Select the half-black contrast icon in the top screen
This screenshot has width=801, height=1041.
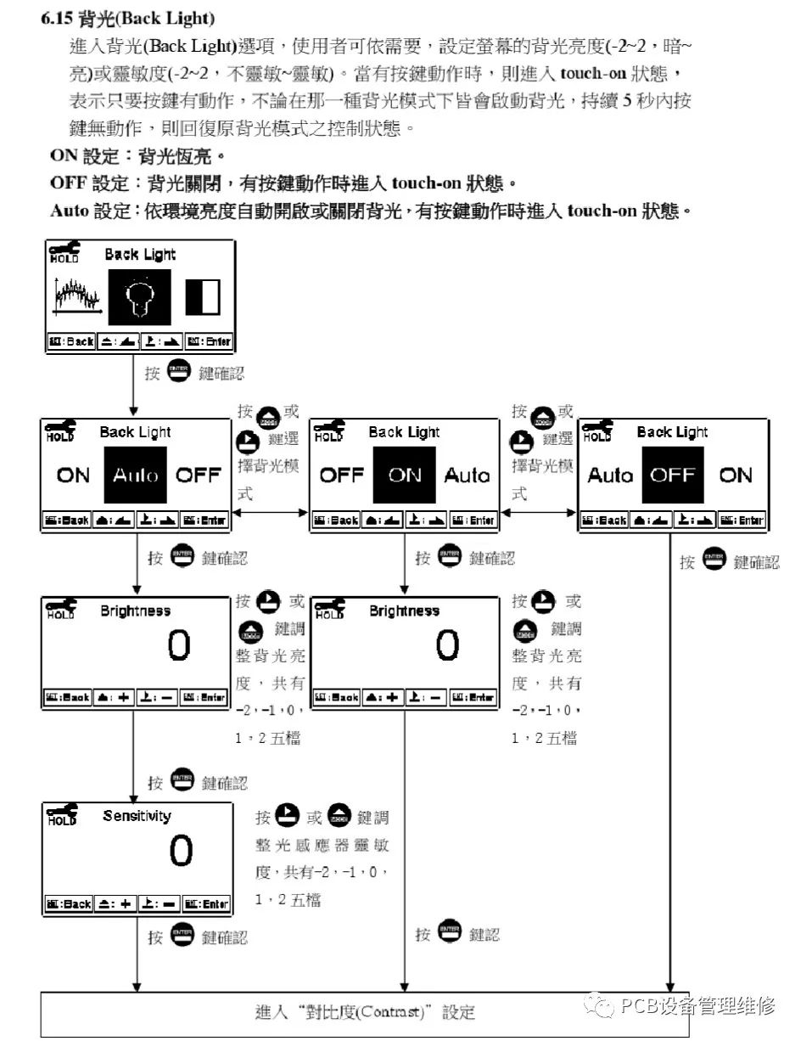203,297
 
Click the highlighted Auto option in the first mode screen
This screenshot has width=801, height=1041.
136,475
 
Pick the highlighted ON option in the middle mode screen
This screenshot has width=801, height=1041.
405,475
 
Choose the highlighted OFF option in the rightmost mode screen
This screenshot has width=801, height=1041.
673,475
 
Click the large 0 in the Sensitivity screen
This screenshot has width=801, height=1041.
181,852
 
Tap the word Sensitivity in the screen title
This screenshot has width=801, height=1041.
137,816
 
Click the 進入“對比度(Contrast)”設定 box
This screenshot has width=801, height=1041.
365,1012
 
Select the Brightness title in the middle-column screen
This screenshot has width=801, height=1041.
405,611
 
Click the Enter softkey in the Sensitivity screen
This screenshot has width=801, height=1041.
207,904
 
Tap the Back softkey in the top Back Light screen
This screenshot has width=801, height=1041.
71,341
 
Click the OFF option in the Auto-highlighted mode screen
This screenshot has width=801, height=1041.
198,475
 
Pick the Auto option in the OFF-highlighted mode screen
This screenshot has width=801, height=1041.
610,475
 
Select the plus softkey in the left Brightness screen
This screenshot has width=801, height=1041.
114,697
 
